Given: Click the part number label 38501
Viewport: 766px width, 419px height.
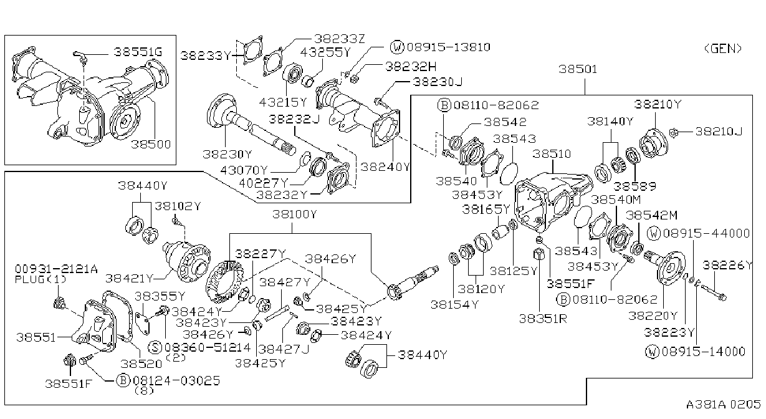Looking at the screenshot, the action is point(578,69).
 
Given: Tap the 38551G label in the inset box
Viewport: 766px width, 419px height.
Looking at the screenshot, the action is point(138,52).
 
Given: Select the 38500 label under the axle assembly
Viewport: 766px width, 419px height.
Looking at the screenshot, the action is point(151,144).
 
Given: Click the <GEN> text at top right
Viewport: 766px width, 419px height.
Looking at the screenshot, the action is point(723,49).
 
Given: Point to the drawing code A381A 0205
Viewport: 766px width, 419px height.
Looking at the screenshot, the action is point(723,405).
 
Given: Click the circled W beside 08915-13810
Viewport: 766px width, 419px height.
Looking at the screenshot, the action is point(397,47).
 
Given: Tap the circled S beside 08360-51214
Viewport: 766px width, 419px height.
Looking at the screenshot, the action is point(155,347).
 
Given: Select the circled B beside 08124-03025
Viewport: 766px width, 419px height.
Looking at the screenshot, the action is point(123,380).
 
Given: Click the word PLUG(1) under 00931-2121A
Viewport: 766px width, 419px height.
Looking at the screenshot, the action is point(41,279).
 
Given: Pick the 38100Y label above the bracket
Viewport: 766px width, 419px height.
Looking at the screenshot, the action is point(295,214).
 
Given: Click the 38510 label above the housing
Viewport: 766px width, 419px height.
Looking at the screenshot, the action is point(552,154).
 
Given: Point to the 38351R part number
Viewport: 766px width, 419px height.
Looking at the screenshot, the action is point(543,319).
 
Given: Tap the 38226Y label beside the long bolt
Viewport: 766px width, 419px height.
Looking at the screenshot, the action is point(727,266).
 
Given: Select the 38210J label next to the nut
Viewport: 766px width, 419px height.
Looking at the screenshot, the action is point(719,132).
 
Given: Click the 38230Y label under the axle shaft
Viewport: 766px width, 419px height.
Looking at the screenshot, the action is point(227,154).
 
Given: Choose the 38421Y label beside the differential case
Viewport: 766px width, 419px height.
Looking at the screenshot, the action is point(129,279).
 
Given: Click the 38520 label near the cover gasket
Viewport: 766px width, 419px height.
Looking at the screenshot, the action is point(141,364).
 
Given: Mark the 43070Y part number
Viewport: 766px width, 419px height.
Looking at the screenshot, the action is point(244,170).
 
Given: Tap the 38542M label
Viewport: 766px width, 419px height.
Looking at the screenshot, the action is point(651,216).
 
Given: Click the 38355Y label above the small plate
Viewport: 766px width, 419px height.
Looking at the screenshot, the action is point(160,296).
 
